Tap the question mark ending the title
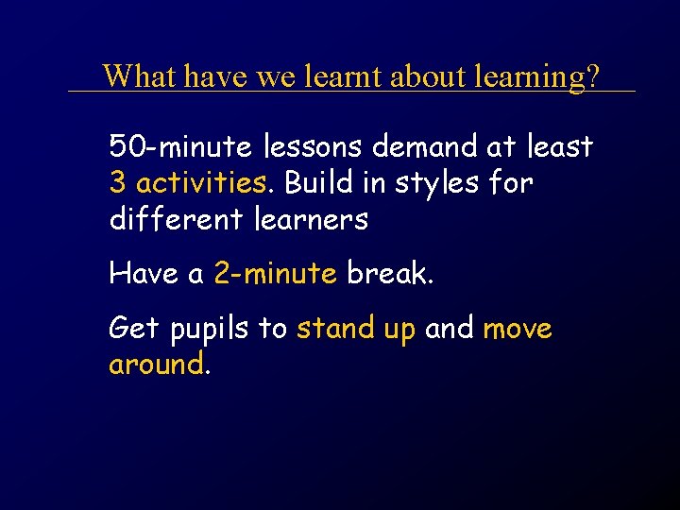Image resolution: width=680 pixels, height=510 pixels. click(591, 76)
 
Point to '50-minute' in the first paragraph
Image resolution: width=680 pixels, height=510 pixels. click(179, 147)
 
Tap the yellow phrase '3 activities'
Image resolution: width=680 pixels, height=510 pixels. click(188, 182)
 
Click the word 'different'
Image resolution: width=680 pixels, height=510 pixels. click(176, 219)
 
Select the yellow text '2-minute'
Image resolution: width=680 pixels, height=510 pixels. click(275, 274)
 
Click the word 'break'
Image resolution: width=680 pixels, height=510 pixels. click(387, 274)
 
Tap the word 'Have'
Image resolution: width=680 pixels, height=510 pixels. click(144, 274)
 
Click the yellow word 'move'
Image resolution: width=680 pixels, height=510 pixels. click(517, 330)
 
